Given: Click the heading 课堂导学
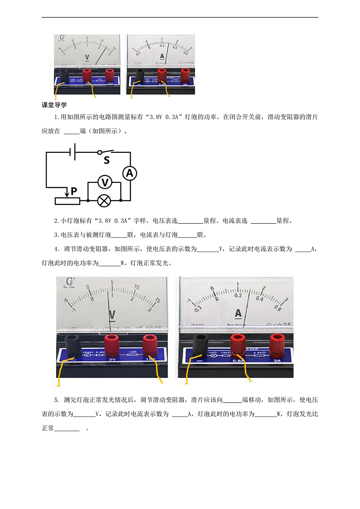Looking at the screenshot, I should click(54, 105).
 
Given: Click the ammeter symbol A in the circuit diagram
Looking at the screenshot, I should click(130, 173).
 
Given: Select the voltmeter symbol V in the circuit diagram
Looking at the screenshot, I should click(105, 182).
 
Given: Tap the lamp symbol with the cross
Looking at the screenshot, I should click(105, 200).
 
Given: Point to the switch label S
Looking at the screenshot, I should click(107, 160).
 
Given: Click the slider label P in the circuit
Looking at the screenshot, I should click(73, 191).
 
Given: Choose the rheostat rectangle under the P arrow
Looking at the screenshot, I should click(67, 201).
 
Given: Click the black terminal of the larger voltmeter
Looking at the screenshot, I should click(73, 346).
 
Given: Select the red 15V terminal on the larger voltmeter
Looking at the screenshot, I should click(150, 346).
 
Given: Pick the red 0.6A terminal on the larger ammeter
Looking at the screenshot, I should click(238, 346).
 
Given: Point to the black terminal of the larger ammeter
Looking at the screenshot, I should click(200, 346).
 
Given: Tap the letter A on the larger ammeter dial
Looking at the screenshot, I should click(238, 313).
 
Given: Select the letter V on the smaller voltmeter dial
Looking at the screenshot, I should click(87, 58).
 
